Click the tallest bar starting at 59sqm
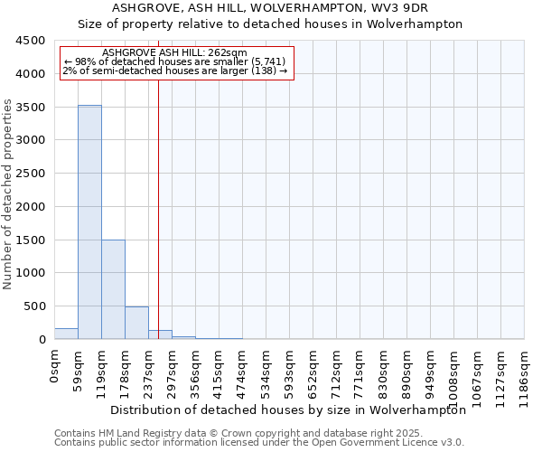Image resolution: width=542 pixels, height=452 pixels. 89,221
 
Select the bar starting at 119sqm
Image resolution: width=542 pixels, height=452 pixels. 113,289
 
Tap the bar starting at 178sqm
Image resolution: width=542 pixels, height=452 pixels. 136,323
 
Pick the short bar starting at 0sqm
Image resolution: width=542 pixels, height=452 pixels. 66,334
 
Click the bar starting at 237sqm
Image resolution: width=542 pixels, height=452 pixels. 160,334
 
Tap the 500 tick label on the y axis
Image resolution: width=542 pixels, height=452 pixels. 34,306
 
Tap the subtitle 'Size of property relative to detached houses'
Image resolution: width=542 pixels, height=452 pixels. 269,24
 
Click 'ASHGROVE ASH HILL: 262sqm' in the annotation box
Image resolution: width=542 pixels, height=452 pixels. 174,53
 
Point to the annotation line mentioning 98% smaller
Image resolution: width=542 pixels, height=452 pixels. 174,61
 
